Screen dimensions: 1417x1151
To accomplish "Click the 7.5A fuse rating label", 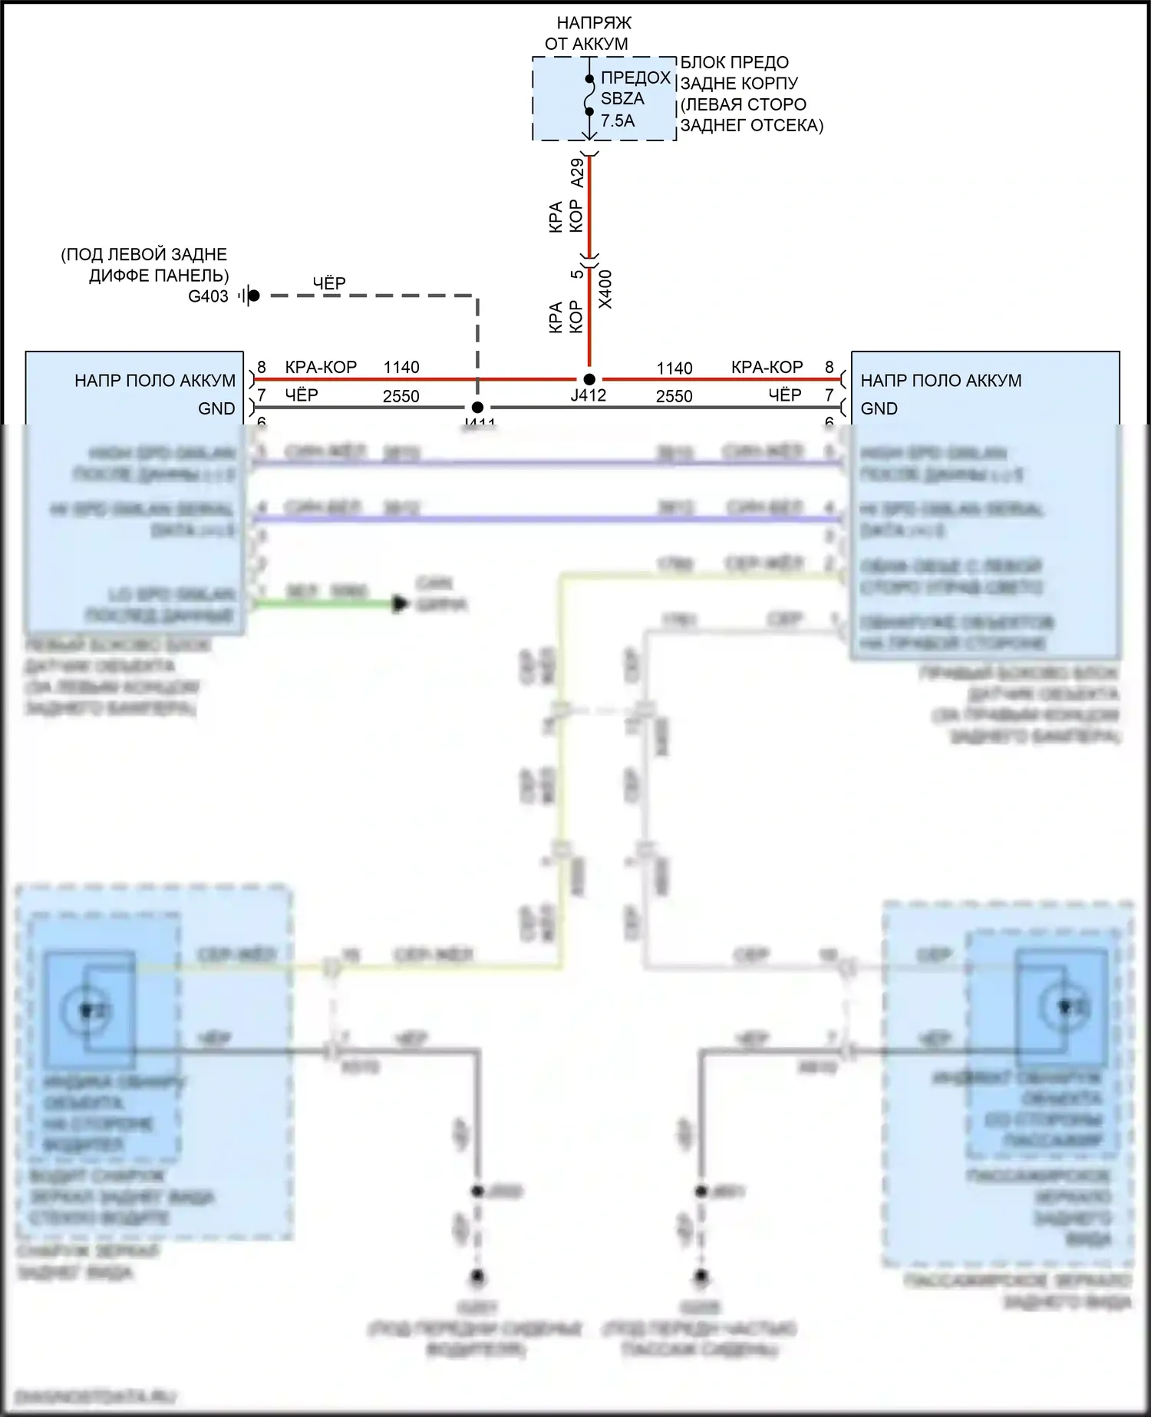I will pyautogui.click(x=618, y=121).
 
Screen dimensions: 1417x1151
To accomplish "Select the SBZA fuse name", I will pyautogui.click(x=622, y=99).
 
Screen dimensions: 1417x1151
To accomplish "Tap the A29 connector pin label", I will pyautogui.click(x=577, y=173).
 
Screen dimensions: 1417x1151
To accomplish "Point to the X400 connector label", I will pyautogui.click(x=605, y=289).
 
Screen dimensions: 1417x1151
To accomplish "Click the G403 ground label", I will pyautogui.click(x=208, y=296).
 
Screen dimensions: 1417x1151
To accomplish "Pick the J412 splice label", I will pyautogui.click(x=589, y=395).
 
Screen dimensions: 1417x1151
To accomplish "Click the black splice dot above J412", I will pyautogui.click(x=589, y=379).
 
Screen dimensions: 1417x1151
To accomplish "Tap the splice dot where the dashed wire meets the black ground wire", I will pyautogui.click(x=477, y=408).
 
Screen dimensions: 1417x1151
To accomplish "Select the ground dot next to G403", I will pyautogui.click(x=254, y=296).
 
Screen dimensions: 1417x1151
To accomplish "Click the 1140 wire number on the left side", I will pyautogui.click(x=401, y=368).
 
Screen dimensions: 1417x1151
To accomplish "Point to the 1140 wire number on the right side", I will pyautogui.click(x=674, y=368).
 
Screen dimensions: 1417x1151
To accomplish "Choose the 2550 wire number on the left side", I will pyautogui.click(x=401, y=396).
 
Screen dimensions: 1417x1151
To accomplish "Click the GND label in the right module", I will pyautogui.click(x=879, y=408).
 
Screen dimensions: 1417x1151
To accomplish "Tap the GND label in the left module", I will pyautogui.click(x=216, y=408).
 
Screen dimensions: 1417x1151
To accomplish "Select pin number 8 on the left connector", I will pyautogui.click(x=262, y=367).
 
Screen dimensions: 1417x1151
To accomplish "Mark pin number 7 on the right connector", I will pyautogui.click(x=829, y=395).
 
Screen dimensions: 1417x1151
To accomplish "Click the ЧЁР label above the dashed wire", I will pyautogui.click(x=329, y=283).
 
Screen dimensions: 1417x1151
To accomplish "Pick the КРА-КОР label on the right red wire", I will pyautogui.click(x=767, y=367).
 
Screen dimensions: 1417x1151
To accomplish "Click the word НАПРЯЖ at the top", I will pyautogui.click(x=594, y=23).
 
